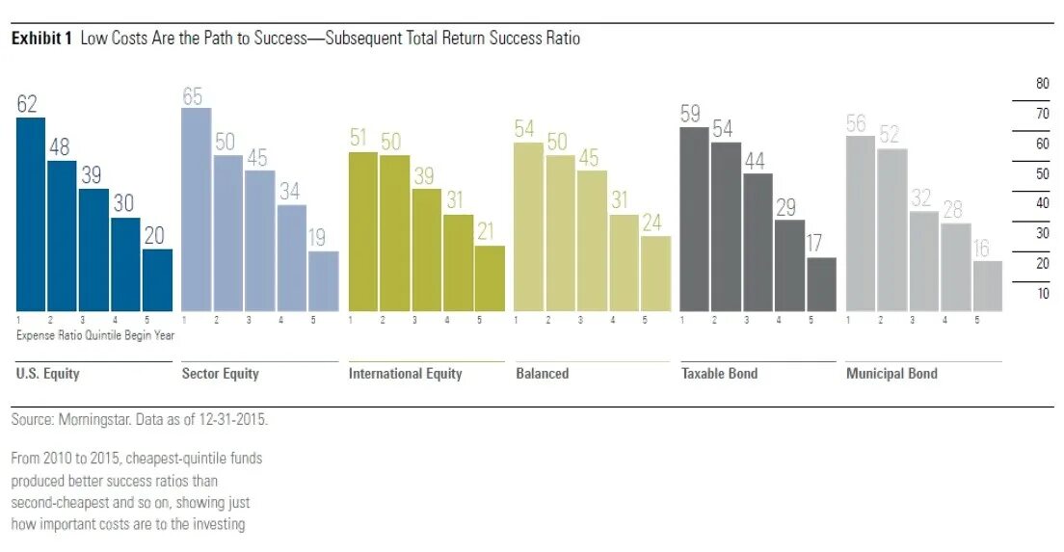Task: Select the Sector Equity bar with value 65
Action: (197, 209)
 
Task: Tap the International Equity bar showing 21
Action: (490, 278)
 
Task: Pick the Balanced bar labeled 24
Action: (655, 274)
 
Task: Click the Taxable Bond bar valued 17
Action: (821, 284)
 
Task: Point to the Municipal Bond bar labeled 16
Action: (987, 286)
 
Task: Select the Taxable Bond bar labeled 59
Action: (695, 219)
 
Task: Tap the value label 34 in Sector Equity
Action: (290, 191)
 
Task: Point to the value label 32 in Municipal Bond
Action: (922, 197)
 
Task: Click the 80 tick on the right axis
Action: (1042, 84)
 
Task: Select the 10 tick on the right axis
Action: (1042, 294)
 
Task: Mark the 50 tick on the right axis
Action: (1042, 174)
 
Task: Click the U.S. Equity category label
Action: (48, 374)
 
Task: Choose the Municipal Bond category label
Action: (891, 374)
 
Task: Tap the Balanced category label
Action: (542, 374)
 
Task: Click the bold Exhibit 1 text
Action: (41, 39)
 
